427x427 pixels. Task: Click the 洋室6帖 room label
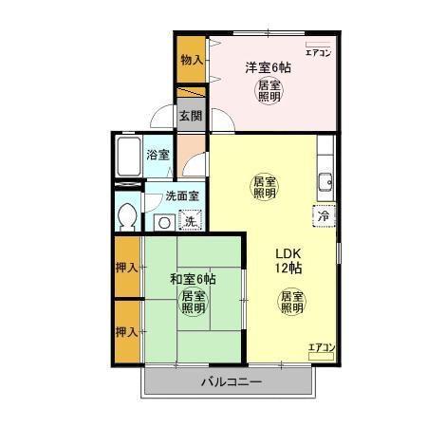tap(269, 67)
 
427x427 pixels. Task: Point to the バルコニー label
tap(230, 382)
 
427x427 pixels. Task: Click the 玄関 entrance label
tap(190, 117)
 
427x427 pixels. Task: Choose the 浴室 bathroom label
tap(158, 154)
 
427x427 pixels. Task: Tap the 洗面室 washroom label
tap(181, 196)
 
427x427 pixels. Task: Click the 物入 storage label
tap(192, 60)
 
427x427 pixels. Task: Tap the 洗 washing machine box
tap(190, 222)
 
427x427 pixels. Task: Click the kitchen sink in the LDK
tap(325, 182)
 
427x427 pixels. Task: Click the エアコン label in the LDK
tap(322, 347)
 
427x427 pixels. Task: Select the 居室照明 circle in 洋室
tap(269, 91)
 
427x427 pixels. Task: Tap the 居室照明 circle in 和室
tap(194, 302)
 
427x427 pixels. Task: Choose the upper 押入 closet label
tap(126, 267)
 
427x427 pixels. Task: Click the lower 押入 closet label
tap(126, 331)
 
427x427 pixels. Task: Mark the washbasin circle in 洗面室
tap(163, 222)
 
